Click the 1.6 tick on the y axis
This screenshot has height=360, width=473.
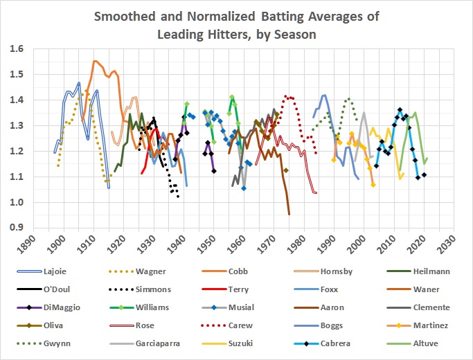(15, 49)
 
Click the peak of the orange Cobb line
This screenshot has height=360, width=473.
(95, 62)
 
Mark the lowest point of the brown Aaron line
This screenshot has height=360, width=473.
(289, 213)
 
